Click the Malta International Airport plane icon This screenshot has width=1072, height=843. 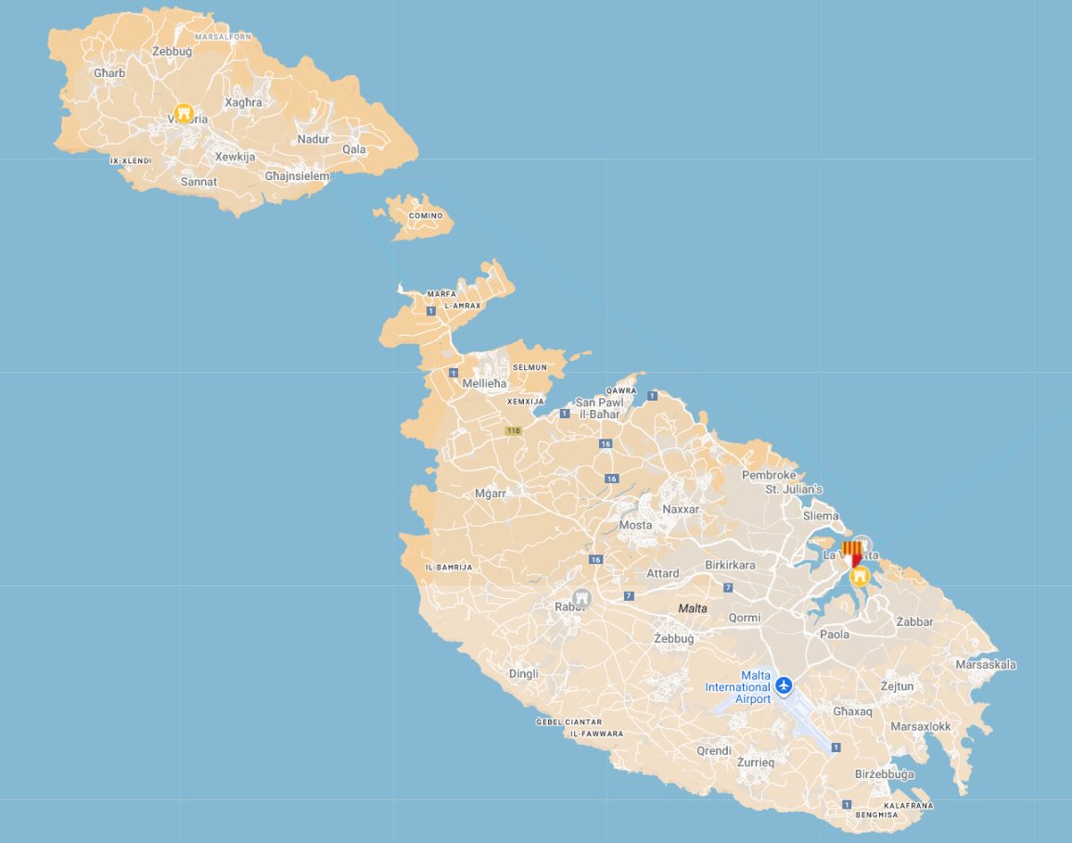[785, 685]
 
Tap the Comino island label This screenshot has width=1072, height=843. [427, 216]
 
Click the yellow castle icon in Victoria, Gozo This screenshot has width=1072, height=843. [184, 114]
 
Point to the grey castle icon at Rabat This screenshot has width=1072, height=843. [582, 597]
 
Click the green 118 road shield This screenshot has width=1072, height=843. [513, 430]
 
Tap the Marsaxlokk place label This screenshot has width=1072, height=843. [920, 726]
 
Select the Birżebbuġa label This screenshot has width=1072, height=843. [883, 774]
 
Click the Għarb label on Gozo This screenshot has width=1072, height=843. [109, 72]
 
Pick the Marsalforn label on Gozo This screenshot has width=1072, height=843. [224, 37]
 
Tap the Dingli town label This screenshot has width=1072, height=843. [523, 674]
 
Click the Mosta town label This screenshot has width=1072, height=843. [635, 525]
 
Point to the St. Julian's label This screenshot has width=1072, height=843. [793, 490]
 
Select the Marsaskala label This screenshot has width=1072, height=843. [986, 664]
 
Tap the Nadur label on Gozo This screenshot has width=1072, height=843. [313, 139]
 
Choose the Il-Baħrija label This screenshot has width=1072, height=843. [448, 567]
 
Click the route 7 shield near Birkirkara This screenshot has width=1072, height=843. [728, 587]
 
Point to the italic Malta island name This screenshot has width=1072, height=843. [693, 608]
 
